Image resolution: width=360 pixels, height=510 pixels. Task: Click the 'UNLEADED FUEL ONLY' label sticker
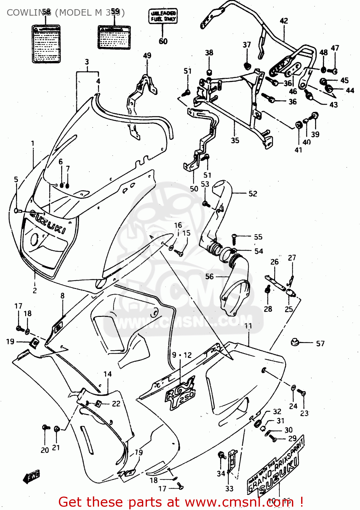[163, 16]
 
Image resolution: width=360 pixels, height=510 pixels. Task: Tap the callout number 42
[284, 21]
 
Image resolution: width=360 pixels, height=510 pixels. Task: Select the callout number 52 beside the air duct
[253, 193]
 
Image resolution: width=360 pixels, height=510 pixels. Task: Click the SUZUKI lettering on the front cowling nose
[48, 222]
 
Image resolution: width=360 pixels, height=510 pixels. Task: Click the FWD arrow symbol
[32, 476]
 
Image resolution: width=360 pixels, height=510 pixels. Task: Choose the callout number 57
[320, 343]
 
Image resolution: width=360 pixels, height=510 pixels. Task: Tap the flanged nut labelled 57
[295, 342]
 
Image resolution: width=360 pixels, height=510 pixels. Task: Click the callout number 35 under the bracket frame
[235, 140]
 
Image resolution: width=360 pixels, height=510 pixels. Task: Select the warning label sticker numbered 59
[114, 37]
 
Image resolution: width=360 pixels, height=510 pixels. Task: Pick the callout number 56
[209, 276]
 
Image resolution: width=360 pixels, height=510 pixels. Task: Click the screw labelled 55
[234, 238]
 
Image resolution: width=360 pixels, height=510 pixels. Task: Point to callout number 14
[108, 374]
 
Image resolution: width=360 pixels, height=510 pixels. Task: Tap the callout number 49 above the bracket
[147, 55]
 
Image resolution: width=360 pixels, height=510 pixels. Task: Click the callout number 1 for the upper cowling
[33, 143]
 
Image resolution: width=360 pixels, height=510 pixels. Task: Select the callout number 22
[116, 404]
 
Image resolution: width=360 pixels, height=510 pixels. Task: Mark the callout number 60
[163, 41]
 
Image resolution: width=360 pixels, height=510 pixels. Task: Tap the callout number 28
[268, 309]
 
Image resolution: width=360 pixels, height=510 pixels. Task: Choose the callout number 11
[248, 326]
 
